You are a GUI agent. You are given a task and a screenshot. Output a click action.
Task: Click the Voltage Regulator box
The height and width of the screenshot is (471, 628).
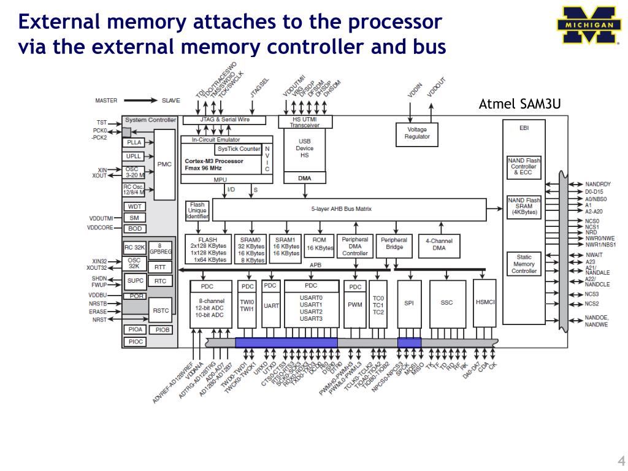[x=417, y=133]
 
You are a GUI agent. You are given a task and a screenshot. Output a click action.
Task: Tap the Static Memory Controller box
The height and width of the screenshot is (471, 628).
[x=524, y=264]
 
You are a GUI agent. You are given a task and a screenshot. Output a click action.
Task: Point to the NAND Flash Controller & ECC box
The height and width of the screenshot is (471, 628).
[x=524, y=167]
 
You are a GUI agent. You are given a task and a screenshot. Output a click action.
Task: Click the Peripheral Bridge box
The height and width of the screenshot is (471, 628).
[x=394, y=244]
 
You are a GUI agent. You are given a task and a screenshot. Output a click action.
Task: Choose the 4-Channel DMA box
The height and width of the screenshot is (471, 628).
[x=438, y=244]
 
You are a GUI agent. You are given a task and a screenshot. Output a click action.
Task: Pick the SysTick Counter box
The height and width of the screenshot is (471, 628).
[x=238, y=149]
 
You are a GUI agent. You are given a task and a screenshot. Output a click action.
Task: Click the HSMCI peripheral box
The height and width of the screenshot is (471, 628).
[x=485, y=303]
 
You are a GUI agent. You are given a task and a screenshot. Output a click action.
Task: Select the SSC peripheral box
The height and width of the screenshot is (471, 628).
[x=446, y=303]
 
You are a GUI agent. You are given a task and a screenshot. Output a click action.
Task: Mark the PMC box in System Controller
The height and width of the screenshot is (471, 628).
[x=164, y=164]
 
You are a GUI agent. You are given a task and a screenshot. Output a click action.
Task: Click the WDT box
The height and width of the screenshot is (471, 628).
[x=135, y=207]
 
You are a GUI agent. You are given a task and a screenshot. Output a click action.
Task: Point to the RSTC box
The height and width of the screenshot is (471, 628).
[x=161, y=311]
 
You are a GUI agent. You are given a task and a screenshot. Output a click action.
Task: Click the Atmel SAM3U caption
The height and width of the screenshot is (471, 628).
[x=519, y=104]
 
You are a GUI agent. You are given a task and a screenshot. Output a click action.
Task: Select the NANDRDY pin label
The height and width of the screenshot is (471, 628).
[x=597, y=184]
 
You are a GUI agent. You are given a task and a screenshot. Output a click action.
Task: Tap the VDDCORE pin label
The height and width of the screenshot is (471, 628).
[x=101, y=228]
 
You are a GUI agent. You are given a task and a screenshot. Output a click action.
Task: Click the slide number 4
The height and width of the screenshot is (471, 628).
[x=621, y=461]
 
